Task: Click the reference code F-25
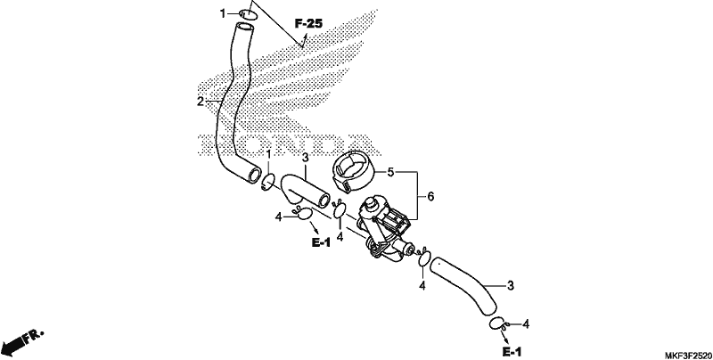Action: point(308,23)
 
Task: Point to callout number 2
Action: point(201,102)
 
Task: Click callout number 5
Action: point(390,172)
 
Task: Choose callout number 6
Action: point(430,196)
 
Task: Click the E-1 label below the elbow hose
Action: point(321,242)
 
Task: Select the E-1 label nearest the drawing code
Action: point(512,351)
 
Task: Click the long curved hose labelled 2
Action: point(226,104)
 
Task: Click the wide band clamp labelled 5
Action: point(354,172)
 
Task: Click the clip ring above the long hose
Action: point(249,14)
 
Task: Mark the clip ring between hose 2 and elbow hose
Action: point(268,183)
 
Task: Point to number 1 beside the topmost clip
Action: point(223,14)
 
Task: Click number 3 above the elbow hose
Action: point(305,158)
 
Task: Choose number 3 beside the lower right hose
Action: point(511,286)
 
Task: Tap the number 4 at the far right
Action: point(526,324)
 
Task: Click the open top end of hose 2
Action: point(244,28)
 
